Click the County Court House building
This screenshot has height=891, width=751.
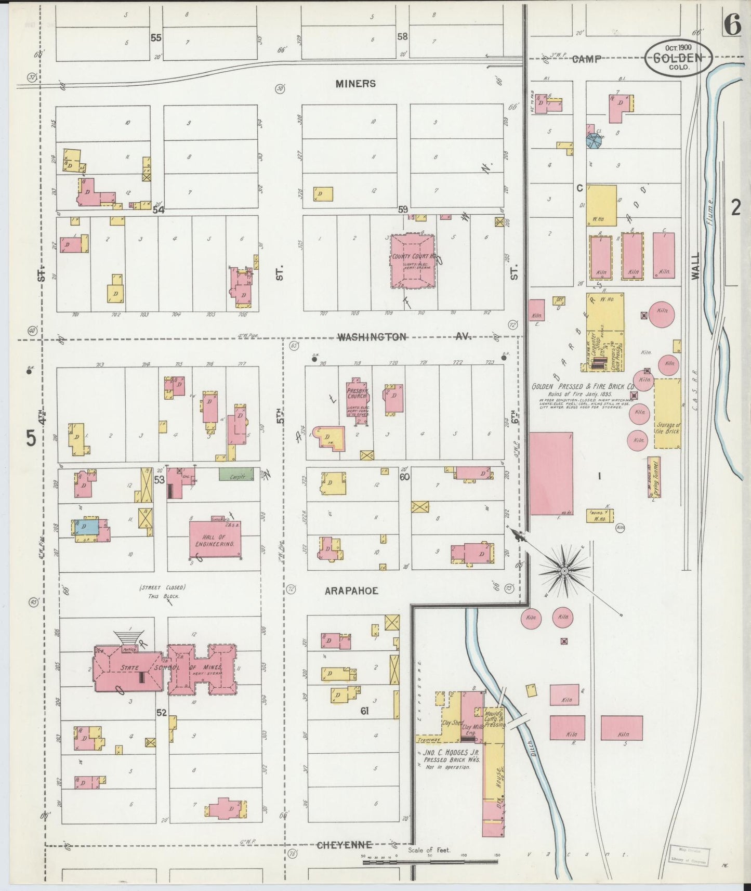tap(413, 261)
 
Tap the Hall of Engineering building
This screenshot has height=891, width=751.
tap(215, 540)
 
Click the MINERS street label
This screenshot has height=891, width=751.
tap(355, 84)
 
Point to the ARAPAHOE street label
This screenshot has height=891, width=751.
tap(351, 591)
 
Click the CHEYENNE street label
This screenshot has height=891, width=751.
tap(344, 845)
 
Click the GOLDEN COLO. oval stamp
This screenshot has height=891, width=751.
tap(679, 58)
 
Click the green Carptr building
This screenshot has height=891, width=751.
tap(236, 475)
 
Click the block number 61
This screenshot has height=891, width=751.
tap(364, 711)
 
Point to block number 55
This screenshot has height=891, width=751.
tap(156, 38)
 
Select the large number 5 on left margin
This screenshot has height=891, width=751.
tap(31, 439)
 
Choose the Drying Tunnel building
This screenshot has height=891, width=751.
tap(654, 477)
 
